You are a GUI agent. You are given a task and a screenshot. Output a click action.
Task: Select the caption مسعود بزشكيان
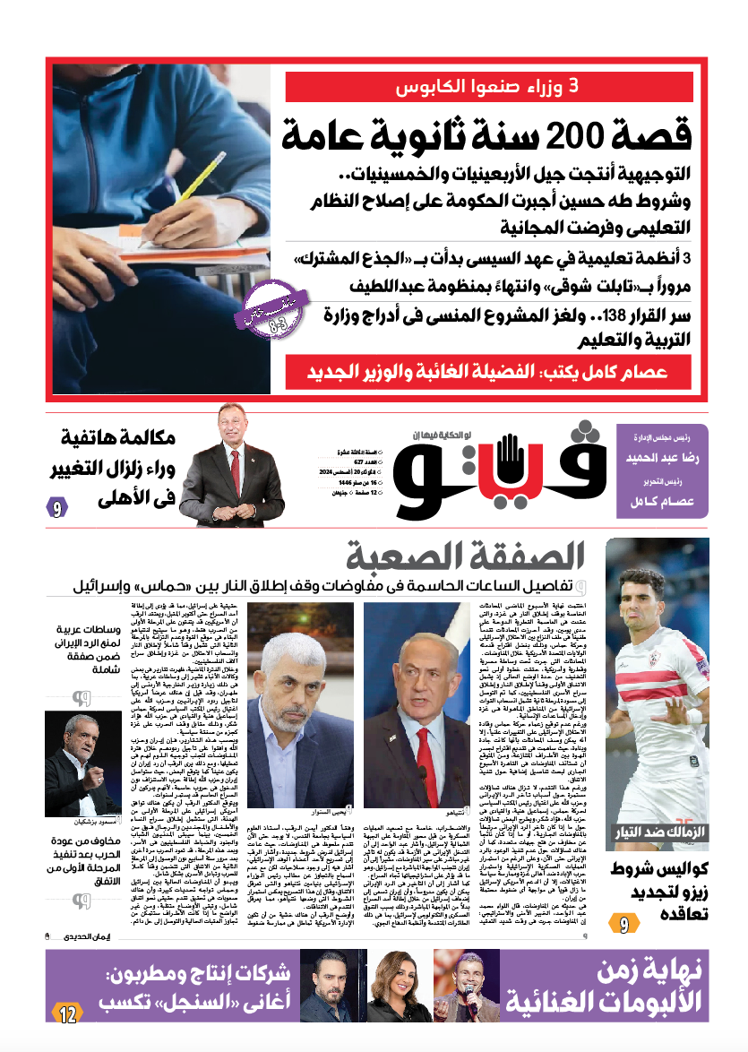coord(94,822)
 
